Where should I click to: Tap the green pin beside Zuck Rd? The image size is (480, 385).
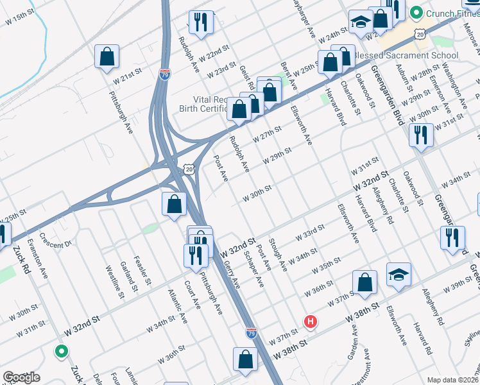click(x=61, y=351)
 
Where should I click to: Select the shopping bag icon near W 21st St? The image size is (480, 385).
click(x=107, y=56)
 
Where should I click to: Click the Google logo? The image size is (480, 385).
click(x=21, y=377)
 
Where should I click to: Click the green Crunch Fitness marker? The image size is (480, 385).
click(x=416, y=12)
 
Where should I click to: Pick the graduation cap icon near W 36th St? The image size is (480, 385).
click(x=399, y=274)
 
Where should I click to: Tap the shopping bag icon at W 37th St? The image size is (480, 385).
click(x=364, y=284)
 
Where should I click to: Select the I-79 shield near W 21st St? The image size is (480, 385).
click(x=165, y=74)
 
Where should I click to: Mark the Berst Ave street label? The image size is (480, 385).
click(x=289, y=76)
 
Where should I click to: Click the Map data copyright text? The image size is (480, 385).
click(x=453, y=380)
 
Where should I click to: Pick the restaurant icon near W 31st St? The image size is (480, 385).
click(x=420, y=135)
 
